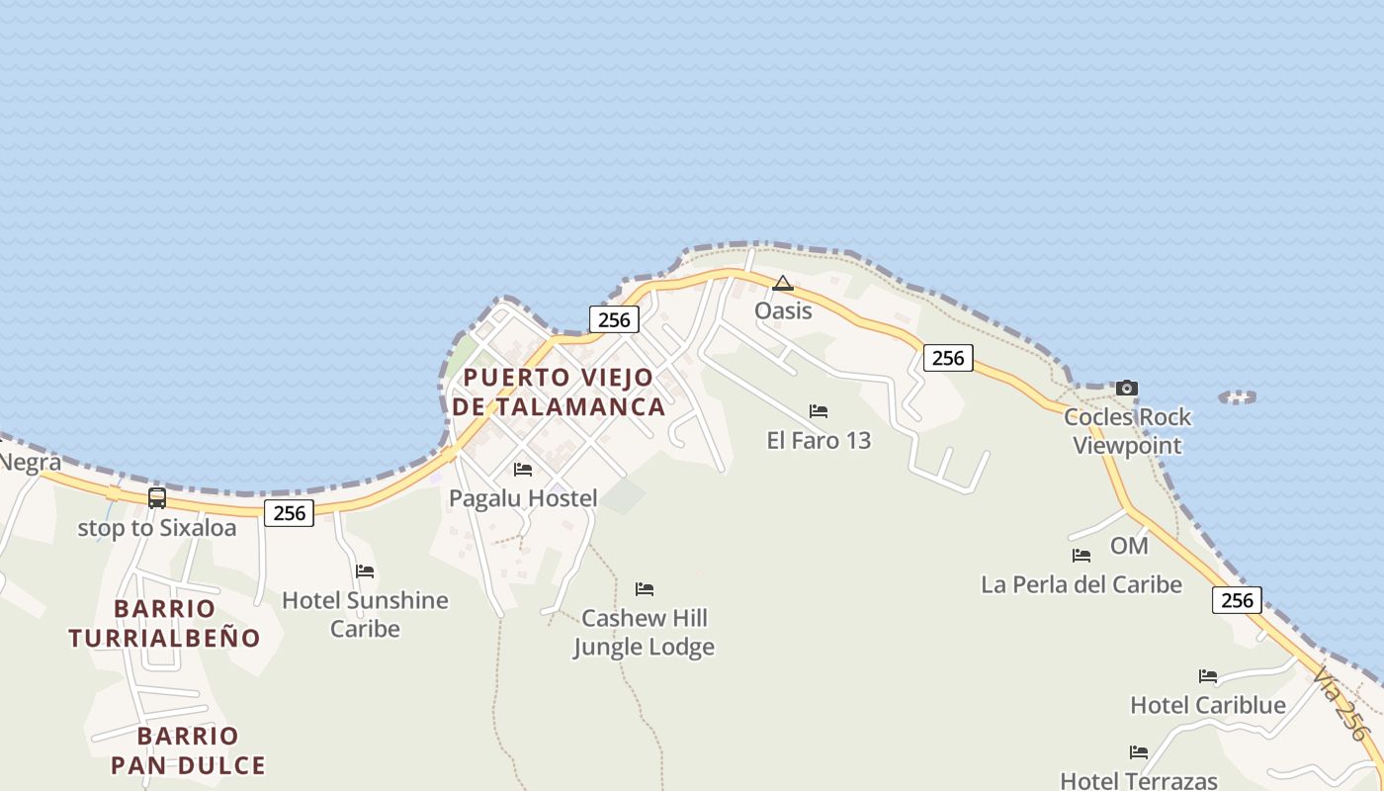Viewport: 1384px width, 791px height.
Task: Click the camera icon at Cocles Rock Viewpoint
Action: [x=1126, y=388]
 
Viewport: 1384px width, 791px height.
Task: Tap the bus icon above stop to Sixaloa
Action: [x=157, y=498]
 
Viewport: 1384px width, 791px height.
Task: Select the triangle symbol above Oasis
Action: [x=783, y=284]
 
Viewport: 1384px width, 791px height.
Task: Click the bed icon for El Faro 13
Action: [x=819, y=411]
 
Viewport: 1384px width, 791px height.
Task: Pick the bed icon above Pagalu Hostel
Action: [x=523, y=470]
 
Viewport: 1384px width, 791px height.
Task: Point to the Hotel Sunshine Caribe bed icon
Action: [x=365, y=571]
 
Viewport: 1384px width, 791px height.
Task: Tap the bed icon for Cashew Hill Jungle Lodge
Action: [x=645, y=589]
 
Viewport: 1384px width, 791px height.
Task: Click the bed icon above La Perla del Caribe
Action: [x=1081, y=556]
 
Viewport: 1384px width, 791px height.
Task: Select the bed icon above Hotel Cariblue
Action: [x=1208, y=676]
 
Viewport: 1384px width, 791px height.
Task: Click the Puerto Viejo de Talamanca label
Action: [x=559, y=392]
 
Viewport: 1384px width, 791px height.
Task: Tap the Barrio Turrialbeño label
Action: [x=164, y=623]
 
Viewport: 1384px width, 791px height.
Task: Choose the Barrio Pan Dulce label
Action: [x=188, y=750]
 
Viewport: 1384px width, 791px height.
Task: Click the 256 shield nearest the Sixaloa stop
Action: [x=290, y=512]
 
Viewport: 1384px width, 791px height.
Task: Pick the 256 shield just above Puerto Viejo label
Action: [x=614, y=319]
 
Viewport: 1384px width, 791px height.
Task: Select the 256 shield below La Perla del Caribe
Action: [x=1237, y=600]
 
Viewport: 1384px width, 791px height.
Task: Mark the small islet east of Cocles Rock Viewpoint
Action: [x=1238, y=396]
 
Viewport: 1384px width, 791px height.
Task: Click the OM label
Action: [x=1129, y=546]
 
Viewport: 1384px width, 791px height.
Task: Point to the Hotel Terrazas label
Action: [x=1139, y=780]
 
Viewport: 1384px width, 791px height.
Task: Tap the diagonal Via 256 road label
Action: [x=1341, y=703]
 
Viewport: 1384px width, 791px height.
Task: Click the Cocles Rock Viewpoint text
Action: [x=1128, y=431]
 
